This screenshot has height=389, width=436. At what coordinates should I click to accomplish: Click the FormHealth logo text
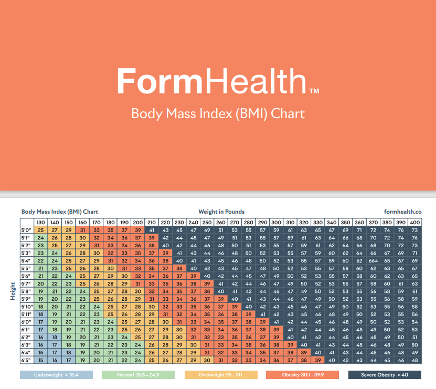click(218, 81)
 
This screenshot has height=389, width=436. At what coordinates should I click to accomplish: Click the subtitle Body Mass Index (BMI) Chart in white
click(218, 114)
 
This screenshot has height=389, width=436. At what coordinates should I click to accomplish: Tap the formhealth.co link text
click(402, 212)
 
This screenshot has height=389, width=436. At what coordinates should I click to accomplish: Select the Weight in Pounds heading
click(221, 212)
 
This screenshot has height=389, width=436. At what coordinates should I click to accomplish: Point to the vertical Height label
click(13, 291)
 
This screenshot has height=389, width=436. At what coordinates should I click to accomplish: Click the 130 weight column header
click(40, 223)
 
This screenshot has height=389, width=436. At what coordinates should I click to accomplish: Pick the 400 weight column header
click(414, 223)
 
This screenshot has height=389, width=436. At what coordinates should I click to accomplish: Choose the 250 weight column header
click(207, 223)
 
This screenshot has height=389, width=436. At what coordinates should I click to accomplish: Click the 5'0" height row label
click(27, 230)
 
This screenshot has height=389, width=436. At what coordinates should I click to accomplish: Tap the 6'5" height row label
click(27, 360)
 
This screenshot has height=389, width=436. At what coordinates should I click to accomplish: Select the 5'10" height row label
click(27, 307)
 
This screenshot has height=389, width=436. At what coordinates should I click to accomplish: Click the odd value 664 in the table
click(373, 261)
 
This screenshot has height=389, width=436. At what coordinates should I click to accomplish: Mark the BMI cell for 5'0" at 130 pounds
click(40, 230)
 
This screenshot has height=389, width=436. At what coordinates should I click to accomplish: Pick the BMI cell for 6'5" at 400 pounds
click(414, 360)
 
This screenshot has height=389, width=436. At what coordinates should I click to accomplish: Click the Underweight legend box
click(56, 375)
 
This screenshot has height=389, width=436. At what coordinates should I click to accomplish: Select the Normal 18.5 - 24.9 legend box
click(138, 375)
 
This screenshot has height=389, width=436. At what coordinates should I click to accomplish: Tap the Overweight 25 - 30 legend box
click(221, 375)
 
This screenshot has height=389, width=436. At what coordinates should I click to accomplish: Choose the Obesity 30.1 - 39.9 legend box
click(303, 375)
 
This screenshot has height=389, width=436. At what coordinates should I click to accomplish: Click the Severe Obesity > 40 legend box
click(385, 375)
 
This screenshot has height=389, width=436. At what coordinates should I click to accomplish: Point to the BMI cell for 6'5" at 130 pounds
click(40, 360)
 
